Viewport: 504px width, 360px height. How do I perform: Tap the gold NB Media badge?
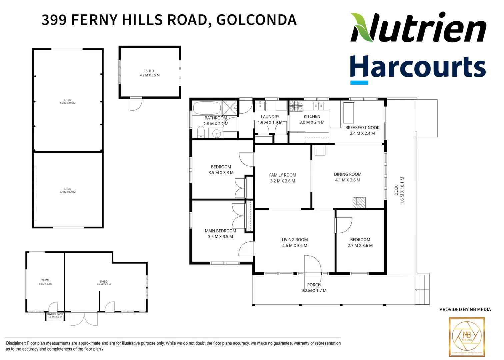pyautogui.click(x=466, y=337)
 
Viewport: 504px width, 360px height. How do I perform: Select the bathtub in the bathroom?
pyautogui.click(x=207, y=108)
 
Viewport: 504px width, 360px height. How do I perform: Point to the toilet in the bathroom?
pyautogui.click(x=201, y=133)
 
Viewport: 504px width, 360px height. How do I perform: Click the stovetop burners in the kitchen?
pyautogui.click(x=296, y=106)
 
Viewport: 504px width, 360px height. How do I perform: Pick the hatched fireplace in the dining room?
pyautogui.click(x=359, y=203)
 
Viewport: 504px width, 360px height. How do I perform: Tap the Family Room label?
pyautogui.click(x=282, y=175)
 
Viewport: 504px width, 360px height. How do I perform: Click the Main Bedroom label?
pyautogui.click(x=220, y=231)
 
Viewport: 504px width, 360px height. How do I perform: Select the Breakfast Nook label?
pyautogui.click(x=362, y=128)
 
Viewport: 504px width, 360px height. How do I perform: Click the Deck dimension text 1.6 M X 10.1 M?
pyautogui.click(x=402, y=190)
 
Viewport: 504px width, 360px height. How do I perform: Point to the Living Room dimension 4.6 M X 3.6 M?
pyautogui.click(x=295, y=246)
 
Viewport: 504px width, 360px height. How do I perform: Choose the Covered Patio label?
pyautogui.click(x=55, y=314)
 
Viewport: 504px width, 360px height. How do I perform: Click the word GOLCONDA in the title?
pyautogui.click(x=256, y=20)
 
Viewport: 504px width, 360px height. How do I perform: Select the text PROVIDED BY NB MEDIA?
pyautogui.click(x=465, y=310)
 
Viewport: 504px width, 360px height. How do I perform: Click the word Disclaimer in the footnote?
pyautogui.click(x=16, y=343)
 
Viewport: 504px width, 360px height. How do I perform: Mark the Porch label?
pyautogui.click(x=314, y=285)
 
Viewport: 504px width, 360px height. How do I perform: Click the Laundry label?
pyautogui.click(x=270, y=117)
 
